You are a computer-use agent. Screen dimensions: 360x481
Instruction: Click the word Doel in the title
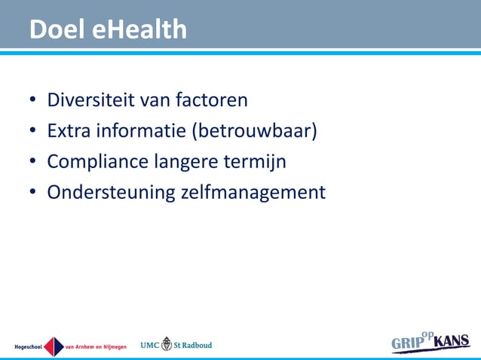pos(57,29)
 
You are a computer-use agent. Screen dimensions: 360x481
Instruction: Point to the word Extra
pos(69,130)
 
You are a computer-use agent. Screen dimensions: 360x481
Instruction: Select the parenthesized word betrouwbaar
pos(254,131)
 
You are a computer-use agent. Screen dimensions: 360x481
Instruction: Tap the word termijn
pos(259,162)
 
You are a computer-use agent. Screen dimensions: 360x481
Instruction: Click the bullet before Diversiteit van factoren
pos(34,100)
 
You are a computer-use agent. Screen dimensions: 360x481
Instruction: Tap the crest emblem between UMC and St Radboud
pos(167,344)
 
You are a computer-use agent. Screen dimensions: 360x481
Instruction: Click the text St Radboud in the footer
pos(194,345)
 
